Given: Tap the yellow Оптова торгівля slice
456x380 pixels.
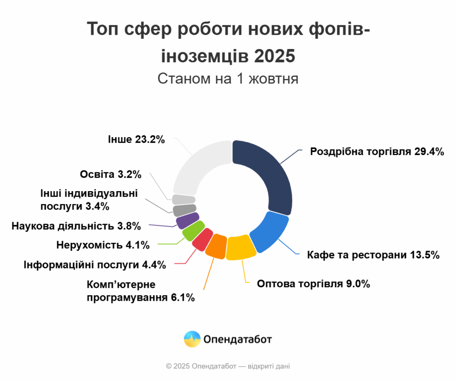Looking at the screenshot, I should tap(241, 247).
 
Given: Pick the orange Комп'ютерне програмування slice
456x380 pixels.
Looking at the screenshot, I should tap(216, 245).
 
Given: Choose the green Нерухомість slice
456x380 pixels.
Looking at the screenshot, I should tap(193, 230).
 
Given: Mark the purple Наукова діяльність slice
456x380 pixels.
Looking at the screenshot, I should tap(187, 220).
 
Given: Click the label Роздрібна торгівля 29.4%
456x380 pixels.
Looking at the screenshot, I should tap(377, 151).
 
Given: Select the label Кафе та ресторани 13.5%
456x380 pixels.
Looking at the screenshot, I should tap(373, 255).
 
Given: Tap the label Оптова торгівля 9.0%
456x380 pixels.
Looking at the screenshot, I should tap(313, 283).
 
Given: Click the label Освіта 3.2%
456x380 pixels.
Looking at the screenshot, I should tap(110, 174).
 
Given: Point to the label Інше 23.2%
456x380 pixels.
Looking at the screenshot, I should tap(136, 139).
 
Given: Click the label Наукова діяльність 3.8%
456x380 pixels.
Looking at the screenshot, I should tap(76, 226).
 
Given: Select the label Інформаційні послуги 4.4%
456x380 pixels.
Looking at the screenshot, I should tap(95, 265).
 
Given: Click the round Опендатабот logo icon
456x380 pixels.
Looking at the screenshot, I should tap(192, 339).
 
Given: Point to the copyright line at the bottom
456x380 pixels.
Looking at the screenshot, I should tap(228, 366).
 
